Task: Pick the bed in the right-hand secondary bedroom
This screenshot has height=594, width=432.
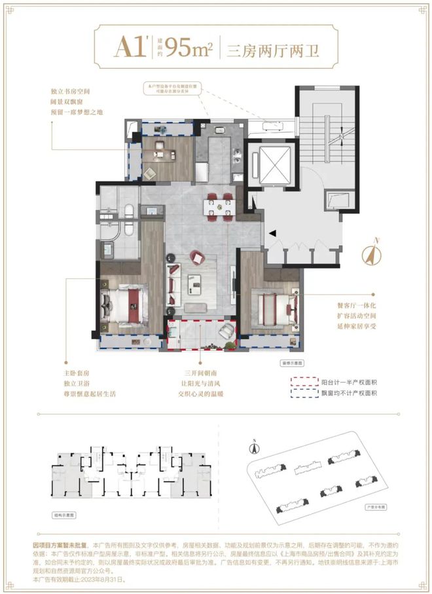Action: coord(275,305)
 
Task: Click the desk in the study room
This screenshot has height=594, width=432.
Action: coord(161,155)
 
